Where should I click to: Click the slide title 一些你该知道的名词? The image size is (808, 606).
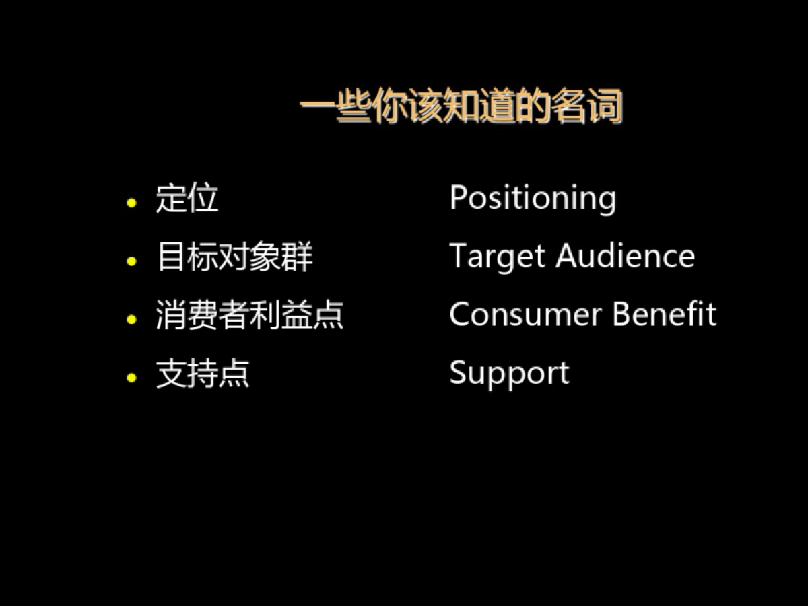[x=461, y=106]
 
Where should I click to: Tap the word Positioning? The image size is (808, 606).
[x=533, y=199]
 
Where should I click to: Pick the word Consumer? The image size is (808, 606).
[x=526, y=314]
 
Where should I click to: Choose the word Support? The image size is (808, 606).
[x=510, y=374]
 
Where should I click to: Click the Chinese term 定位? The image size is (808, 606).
[x=187, y=198]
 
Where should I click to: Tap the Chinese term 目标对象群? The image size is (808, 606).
[x=235, y=257]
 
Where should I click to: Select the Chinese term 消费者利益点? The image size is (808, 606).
[x=250, y=314]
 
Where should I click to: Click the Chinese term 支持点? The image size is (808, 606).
[x=203, y=374]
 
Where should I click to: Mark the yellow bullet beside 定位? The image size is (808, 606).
[x=131, y=203]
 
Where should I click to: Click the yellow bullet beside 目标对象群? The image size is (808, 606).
[x=131, y=261]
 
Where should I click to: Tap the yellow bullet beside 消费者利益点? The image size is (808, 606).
[x=131, y=319]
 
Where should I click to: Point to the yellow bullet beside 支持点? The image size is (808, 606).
[x=131, y=378]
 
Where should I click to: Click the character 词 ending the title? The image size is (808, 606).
[x=605, y=106]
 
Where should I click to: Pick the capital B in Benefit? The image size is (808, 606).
[x=622, y=314]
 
